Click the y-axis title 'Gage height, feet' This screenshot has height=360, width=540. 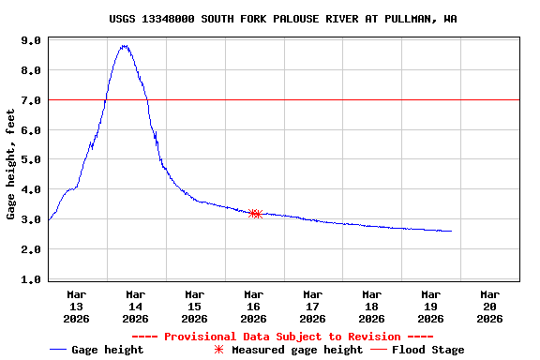(x=10, y=164)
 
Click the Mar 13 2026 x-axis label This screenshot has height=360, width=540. (x=77, y=306)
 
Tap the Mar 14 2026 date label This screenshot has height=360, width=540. (x=136, y=306)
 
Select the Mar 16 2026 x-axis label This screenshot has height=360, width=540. (x=254, y=306)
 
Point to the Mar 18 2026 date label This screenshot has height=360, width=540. (x=372, y=306)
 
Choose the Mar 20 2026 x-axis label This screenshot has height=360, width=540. (x=489, y=306)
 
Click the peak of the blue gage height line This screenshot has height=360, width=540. (x=124, y=45)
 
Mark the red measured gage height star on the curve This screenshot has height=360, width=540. (x=255, y=214)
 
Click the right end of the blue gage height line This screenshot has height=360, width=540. (x=451, y=231)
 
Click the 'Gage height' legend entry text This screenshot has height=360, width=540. (x=108, y=350)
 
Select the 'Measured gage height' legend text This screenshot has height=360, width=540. (x=297, y=350)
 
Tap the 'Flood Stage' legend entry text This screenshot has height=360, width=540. (x=427, y=350)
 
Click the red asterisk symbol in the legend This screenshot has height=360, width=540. (x=219, y=350)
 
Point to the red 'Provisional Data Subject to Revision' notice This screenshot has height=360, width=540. (x=282, y=337)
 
